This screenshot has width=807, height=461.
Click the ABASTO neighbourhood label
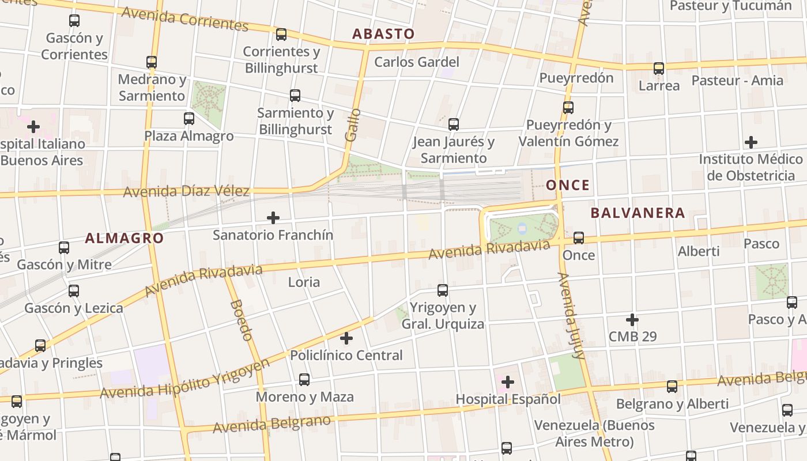click(x=383, y=33)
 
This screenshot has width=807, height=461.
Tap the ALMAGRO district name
click(x=125, y=238)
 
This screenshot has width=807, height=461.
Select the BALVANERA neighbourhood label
click(x=638, y=213)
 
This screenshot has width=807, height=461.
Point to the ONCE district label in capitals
click(x=568, y=185)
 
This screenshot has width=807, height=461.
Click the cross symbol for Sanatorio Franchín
click(x=273, y=218)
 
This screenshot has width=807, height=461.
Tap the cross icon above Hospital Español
click(x=508, y=381)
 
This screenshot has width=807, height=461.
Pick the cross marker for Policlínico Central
click(x=346, y=338)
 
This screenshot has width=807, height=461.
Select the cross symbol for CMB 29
click(x=632, y=319)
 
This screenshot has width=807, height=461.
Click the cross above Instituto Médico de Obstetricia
click(x=751, y=142)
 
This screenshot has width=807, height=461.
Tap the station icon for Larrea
click(x=659, y=69)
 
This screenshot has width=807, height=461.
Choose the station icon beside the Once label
click(x=579, y=238)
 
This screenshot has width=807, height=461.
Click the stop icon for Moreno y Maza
click(x=304, y=380)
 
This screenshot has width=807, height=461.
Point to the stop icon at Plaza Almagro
click(x=189, y=119)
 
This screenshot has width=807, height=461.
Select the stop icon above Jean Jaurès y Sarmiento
click(x=454, y=124)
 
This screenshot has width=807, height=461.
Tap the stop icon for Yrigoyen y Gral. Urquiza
click(x=443, y=290)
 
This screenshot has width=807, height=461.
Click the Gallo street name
click(x=353, y=125)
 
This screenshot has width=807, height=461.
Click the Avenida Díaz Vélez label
click(x=186, y=191)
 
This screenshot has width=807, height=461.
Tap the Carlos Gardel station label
click(x=417, y=62)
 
